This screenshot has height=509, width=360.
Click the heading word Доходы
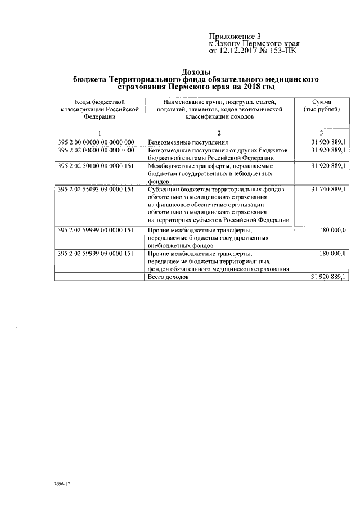click(196, 72)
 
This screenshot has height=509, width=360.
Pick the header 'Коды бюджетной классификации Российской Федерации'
click(98, 109)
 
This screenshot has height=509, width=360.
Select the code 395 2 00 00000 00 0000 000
click(96, 142)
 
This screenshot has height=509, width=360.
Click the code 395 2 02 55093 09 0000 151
click(96, 190)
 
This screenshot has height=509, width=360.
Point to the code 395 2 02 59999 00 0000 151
click(96, 230)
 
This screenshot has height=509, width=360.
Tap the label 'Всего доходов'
click(168, 277)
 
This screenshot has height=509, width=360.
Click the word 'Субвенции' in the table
click(164, 190)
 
